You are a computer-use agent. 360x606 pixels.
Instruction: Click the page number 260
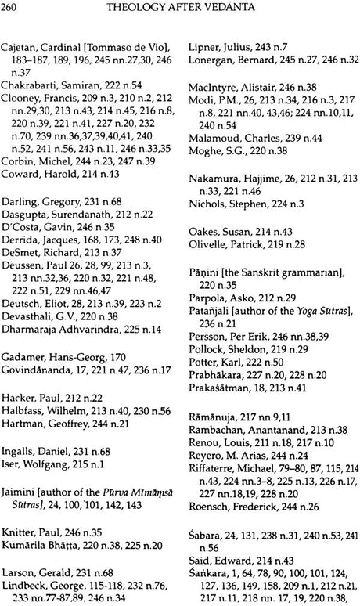click(13, 9)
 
